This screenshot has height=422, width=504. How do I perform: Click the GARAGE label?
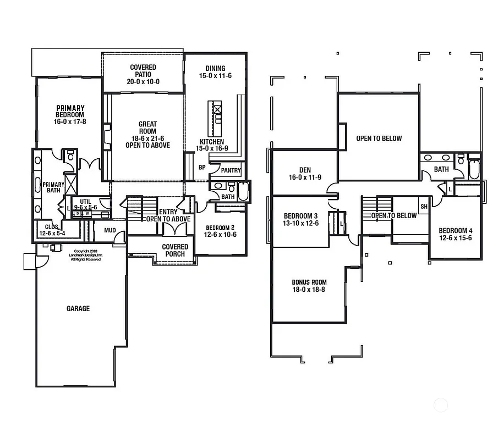[78, 309]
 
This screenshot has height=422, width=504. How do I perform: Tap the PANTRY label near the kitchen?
[231, 171]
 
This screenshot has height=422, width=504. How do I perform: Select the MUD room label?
[110, 231]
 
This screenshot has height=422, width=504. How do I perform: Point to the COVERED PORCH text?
[175, 251]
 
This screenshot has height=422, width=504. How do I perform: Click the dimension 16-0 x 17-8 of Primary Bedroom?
[70, 121]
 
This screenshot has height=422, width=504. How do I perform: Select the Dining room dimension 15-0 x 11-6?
[215, 76]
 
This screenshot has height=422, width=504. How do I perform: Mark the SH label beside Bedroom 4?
[424, 207]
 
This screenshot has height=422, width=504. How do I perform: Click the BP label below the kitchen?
[202, 167]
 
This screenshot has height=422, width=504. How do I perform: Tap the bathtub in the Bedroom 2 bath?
[243, 194]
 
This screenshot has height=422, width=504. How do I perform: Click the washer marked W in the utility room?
[86, 213]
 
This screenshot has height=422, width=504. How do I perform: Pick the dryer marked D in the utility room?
[78, 213]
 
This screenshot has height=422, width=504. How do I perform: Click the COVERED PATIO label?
[143, 74]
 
